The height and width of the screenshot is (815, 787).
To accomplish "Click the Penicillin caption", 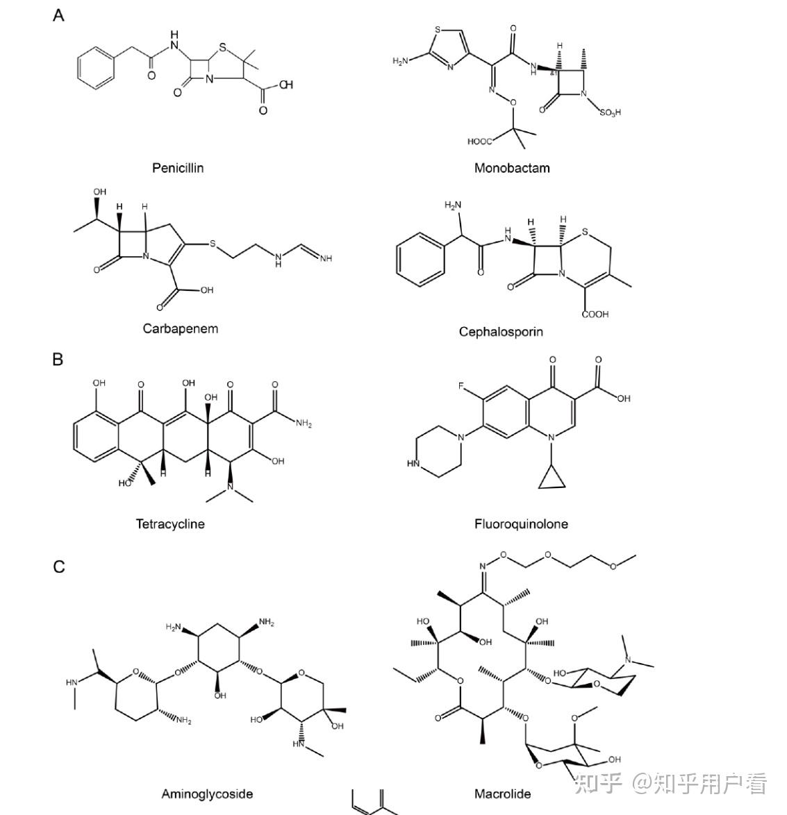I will point(178,168).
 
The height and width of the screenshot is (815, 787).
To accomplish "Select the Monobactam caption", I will point(512,168).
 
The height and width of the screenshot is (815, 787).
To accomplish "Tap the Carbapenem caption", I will point(181,328).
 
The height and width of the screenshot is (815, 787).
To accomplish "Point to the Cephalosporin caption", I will point(501,332).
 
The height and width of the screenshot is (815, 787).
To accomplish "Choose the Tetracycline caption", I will point(170,524).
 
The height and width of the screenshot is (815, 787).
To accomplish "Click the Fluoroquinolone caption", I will point(521,524).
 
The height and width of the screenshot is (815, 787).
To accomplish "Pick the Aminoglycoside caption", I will point(207,793).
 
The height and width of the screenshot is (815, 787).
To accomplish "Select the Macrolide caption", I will point(502,793).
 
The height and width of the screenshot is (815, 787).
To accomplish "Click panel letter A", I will point(58,15).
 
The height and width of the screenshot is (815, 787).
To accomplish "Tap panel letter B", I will point(58,360).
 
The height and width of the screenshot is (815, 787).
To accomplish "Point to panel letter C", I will point(59,566).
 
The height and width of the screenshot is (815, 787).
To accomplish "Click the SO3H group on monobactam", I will point(610,112).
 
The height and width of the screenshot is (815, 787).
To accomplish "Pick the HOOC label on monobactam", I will point(480,142).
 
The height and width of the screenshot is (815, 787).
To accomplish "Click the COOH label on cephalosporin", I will point(595,314).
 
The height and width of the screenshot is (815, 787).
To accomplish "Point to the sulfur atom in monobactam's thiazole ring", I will point(438,30).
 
